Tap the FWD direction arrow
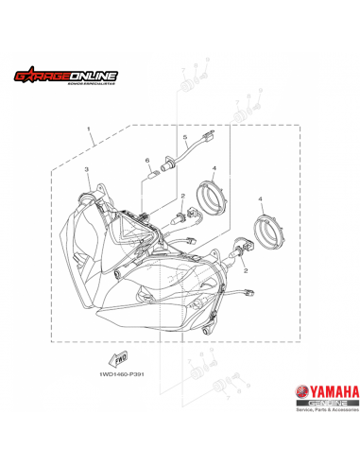point(120,358)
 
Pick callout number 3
point(87,169)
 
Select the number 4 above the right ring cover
point(261,199)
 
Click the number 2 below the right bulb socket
point(246,270)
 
